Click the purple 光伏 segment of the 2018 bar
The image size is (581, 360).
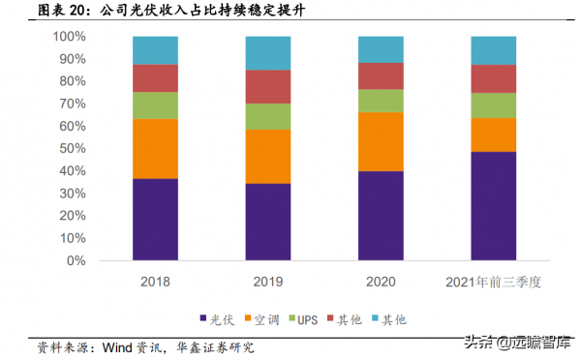[x=155, y=220]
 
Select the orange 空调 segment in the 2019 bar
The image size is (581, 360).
[x=267, y=156]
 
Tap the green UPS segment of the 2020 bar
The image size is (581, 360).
[x=381, y=101]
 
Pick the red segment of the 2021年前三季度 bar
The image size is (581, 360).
[x=493, y=78]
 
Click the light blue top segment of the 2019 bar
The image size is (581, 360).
[x=267, y=52]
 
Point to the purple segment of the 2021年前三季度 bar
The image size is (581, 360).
[x=493, y=206]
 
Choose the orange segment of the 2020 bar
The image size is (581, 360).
[x=381, y=141]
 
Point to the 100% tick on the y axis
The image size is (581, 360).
[x=69, y=37]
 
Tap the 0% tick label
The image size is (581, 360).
[x=76, y=261]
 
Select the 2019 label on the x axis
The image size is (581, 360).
[x=267, y=282]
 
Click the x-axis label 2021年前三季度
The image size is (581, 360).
[x=493, y=282]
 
